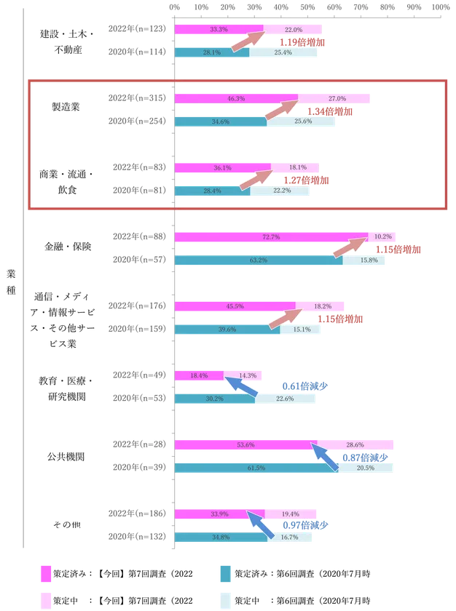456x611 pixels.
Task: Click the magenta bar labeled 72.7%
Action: coord(272,237)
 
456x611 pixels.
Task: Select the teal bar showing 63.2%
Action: coord(259,260)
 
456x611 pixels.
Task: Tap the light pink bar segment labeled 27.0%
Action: coord(335,98)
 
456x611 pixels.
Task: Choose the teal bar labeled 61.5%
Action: coord(256,468)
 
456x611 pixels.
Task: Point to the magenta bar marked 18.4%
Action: coord(199,375)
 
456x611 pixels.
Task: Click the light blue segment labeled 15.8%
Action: coord(366,260)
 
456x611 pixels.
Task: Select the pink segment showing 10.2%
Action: coord(382,237)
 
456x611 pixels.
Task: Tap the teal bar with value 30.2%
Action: coord(215,398)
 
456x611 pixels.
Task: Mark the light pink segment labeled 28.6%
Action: coord(355,444)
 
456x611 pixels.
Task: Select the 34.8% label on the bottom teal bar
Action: coord(217,537)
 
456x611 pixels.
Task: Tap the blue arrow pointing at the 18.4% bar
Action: coord(241,386)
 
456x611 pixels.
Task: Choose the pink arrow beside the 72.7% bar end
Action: coord(348,248)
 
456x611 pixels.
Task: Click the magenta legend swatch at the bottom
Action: coord(45,573)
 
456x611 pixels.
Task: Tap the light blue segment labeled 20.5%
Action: coord(366,468)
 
